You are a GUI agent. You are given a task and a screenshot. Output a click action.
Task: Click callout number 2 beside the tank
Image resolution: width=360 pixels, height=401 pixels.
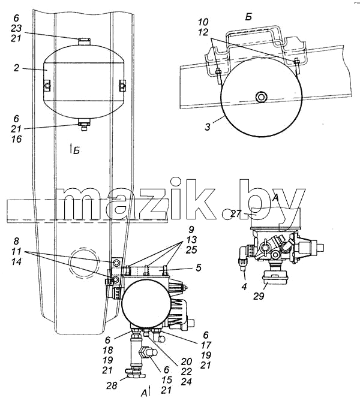point(16,68)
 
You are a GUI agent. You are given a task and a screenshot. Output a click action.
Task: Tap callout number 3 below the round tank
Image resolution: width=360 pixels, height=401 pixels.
point(208,127)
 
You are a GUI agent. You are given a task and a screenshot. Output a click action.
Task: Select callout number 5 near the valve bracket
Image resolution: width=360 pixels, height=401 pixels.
point(199,268)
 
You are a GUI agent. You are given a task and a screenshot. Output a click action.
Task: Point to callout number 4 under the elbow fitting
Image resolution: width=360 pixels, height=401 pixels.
point(244,287)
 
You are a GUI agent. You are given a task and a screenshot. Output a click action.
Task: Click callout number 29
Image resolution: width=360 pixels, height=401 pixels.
point(259,296)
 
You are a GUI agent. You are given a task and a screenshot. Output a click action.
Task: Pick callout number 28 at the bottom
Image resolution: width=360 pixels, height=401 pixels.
point(112,385)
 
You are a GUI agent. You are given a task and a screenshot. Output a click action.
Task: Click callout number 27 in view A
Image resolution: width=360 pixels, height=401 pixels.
point(236,213)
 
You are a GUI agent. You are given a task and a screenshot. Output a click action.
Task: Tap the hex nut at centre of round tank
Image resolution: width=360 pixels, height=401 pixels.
point(261,97)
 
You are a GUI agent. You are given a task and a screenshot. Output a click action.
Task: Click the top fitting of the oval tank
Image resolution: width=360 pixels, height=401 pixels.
point(84,41)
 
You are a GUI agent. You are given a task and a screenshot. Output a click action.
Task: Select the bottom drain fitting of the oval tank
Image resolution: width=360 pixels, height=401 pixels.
point(84,125)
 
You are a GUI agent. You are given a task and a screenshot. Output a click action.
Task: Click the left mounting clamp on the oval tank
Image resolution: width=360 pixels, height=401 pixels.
point(47,86)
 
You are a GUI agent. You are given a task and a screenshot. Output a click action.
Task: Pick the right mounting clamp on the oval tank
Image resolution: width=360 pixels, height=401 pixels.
point(122,86)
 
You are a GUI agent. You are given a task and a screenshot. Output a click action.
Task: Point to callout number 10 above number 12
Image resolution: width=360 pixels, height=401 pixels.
point(203,22)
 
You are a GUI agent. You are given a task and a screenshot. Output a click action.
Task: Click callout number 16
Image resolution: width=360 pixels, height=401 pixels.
point(16,139)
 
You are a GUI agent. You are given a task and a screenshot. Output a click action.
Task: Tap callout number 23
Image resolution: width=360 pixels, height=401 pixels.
point(16,28)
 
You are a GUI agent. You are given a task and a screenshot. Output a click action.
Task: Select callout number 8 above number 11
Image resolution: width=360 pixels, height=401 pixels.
point(16,242)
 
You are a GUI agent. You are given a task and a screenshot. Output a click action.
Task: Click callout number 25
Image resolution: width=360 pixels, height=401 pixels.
point(191,249)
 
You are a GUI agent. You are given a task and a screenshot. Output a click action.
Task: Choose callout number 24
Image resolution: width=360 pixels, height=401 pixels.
point(187,382)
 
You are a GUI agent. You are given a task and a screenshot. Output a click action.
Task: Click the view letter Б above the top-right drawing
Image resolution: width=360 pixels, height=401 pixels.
point(248,17)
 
